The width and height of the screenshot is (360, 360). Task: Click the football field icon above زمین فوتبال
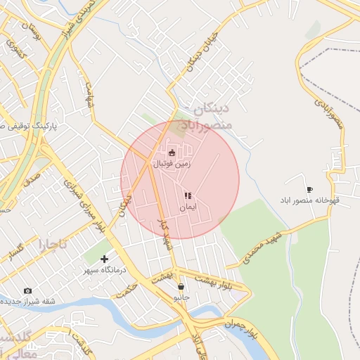(x=172, y=152)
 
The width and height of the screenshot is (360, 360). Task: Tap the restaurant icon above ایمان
(x=188, y=196)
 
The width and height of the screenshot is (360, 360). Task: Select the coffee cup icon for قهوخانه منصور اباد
(x=309, y=189)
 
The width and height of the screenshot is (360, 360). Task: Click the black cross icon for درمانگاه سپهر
(x=104, y=259)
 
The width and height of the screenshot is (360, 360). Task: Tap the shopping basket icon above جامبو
(x=181, y=286)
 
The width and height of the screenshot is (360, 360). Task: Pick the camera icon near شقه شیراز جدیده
(x=27, y=290)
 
